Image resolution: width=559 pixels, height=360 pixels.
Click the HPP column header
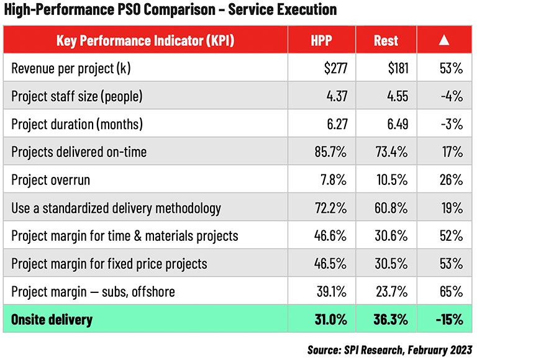click(322, 40)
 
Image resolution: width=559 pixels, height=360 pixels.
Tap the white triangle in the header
click(443, 40)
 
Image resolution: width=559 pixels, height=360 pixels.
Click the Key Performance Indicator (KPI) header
click(146, 40)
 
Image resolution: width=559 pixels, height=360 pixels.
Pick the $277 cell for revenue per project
click(335, 68)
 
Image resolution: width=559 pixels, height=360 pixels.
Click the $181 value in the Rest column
click(397, 68)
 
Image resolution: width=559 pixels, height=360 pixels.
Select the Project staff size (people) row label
click(77, 96)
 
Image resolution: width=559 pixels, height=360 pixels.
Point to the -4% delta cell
click(452, 96)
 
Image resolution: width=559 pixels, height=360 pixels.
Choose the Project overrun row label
click(50, 180)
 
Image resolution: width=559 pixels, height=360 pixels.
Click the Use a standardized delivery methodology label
click(116, 208)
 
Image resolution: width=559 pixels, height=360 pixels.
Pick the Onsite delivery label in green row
click(52, 320)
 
